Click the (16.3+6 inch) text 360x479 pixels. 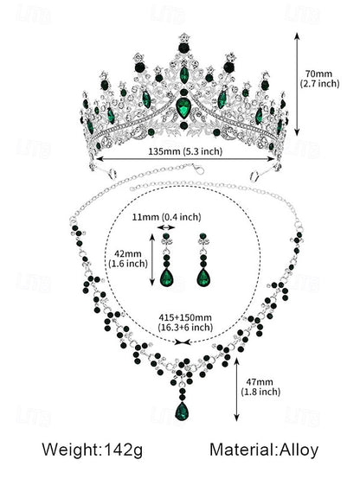(x=181, y=328)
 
